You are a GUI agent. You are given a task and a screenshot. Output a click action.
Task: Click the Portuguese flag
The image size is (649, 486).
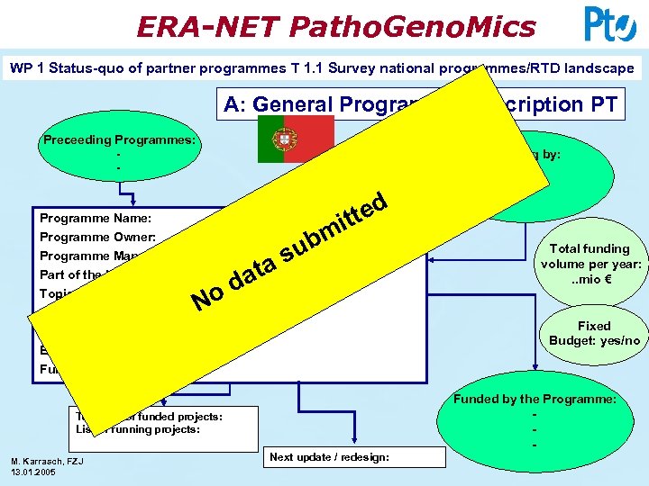(x=283, y=139)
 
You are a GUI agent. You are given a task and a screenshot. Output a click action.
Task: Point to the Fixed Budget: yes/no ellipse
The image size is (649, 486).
(x=594, y=334)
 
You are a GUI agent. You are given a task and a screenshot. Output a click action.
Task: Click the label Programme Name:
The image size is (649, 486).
(x=96, y=218)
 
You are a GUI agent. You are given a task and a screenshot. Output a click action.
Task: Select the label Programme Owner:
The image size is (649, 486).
(x=98, y=238)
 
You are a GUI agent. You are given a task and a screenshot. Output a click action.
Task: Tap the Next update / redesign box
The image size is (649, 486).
(x=329, y=457)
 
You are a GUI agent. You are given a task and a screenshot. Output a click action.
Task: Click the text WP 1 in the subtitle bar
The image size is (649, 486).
(x=28, y=68)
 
